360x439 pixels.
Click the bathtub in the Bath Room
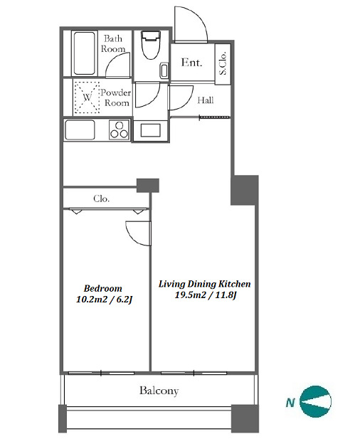click(84, 53)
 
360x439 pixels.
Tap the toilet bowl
click(151, 45)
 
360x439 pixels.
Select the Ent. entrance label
click(191, 62)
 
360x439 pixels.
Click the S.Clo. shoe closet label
click(223, 63)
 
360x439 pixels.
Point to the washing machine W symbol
click(87, 97)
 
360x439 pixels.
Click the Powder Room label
click(116, 97)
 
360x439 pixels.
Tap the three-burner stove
click(120, 129)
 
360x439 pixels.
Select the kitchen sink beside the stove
click(80, 129)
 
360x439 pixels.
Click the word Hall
click(206, 100)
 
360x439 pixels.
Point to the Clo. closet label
click(101, 199)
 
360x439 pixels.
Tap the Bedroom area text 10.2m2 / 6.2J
click(104, 300)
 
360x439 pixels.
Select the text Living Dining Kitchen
click(205, 284)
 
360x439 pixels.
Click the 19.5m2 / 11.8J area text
click(206, 295)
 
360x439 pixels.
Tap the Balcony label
click(159, 391)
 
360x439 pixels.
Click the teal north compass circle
click(315, 401)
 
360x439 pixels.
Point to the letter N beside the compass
click(290, 403)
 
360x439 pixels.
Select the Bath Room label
click(113, 43)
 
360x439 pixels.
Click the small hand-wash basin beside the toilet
click(164, 70)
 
